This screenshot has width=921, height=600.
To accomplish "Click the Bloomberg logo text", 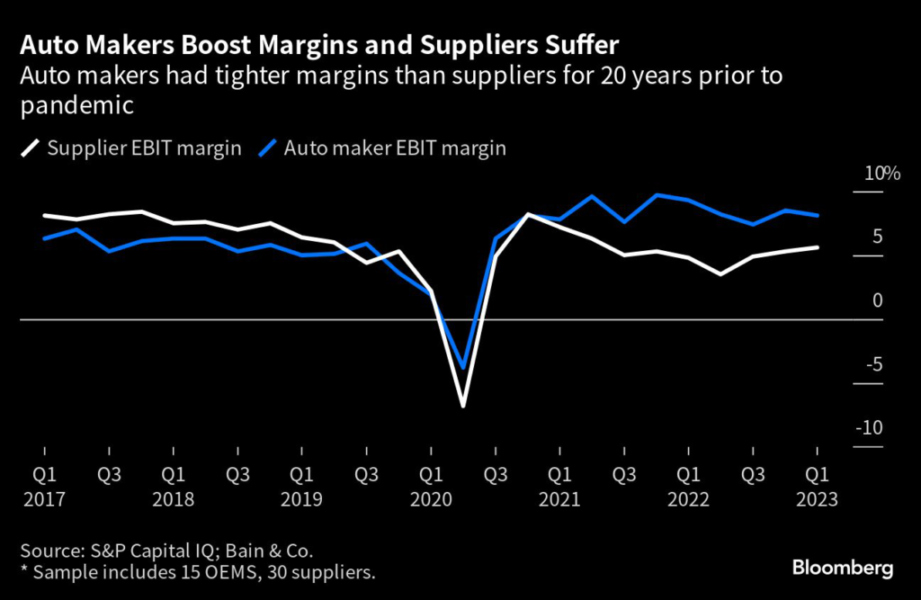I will pos(842,569).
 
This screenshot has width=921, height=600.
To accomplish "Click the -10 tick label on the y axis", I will pos(871,428).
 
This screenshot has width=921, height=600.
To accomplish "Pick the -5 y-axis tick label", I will pos(874,364).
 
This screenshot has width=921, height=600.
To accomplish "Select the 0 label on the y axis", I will pos(879,300).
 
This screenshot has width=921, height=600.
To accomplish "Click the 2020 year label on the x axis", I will pos(431,499).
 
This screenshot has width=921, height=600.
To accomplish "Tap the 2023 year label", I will pos(817,499).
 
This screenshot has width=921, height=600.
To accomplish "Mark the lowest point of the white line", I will pos(463,407).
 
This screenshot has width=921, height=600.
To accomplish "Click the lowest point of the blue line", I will pos(463,368).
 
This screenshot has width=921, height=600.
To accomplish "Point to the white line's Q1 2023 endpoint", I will pos(817,247).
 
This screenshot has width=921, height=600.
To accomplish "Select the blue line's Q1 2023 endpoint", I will pos(817,216).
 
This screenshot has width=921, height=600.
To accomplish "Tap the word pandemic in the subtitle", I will pos(76,106).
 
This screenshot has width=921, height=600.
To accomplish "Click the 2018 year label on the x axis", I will pos(173,499).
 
